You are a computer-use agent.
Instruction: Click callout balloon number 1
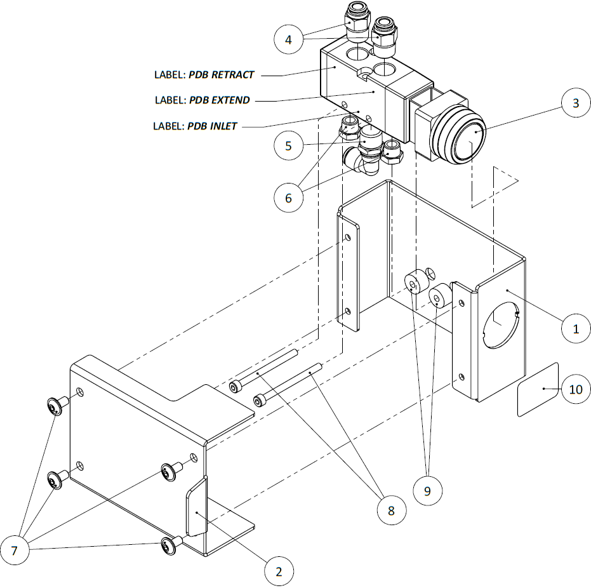[576, 328]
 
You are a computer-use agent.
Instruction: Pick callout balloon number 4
[288, 40]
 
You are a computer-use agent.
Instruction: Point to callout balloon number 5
[288, 145]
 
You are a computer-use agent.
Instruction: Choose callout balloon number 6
[288, 197]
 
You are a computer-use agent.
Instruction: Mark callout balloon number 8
[390, 509]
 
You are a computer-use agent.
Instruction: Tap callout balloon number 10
[576, 389]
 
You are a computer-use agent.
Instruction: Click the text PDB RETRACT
[222, 75]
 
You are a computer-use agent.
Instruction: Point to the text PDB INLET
[212, 126]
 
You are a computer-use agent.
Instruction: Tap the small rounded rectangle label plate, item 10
[538, 389]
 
